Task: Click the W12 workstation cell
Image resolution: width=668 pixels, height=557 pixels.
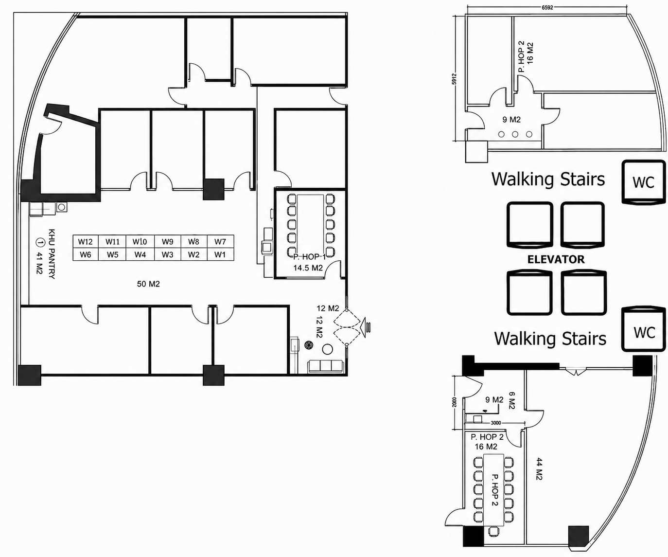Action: click(86, 242)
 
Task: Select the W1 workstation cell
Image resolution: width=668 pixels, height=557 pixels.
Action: click(220, 254)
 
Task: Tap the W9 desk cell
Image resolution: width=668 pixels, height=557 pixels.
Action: click(168, 242)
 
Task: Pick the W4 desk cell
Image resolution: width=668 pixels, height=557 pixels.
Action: click(140, 254)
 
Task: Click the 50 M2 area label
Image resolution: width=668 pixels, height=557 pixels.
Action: click(148, 284)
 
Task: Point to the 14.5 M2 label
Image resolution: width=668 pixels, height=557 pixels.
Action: click(308, 268)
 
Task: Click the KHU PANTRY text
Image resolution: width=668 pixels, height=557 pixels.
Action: click(52, 254)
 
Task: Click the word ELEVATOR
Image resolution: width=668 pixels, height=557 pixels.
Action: click(556, 259)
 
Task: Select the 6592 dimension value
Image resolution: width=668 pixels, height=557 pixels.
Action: click(547, 8)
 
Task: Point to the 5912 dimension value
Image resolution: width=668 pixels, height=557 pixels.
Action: click(454, 79)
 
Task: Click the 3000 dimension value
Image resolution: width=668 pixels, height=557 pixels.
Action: click(495, 423)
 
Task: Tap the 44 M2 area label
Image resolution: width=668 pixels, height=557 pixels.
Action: click(539, 469)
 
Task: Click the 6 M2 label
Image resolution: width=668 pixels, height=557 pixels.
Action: click(511, 400)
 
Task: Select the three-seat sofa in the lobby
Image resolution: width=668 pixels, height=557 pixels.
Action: click(325, 366)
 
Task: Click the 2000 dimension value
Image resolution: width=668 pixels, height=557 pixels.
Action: click(454, 402)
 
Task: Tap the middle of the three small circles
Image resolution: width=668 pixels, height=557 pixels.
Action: click(515, 134)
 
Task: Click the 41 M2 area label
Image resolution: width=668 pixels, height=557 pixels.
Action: click(39, 263)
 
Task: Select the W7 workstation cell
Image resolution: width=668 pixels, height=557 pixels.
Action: click(220, 242)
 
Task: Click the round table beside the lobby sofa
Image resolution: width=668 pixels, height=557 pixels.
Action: click(327, 349)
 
